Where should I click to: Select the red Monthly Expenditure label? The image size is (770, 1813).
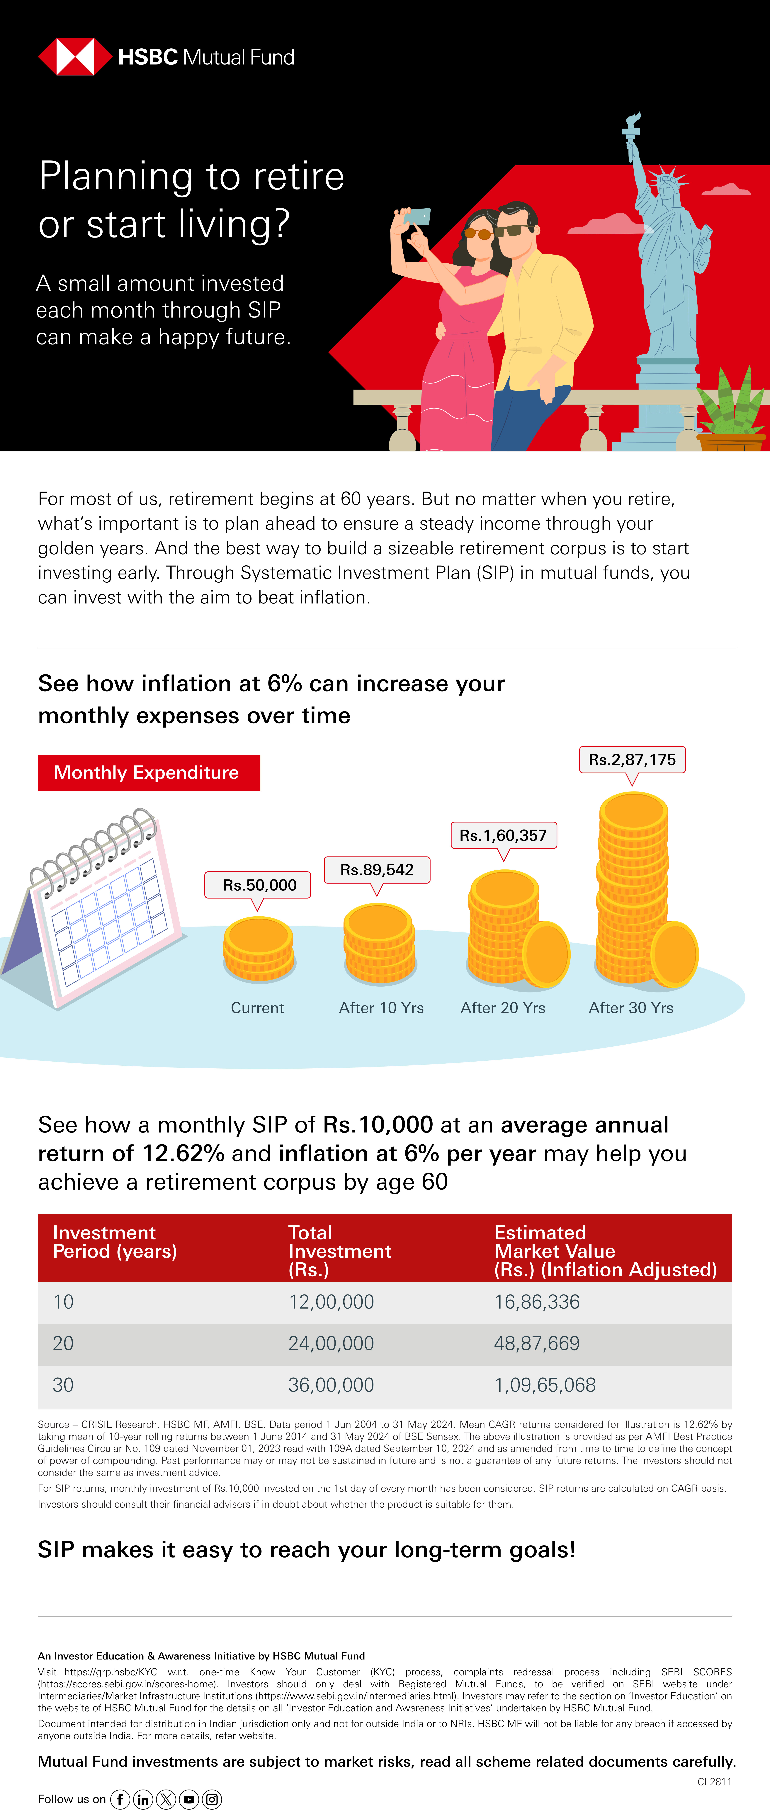(x=149, y=773)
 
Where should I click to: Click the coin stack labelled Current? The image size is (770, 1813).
(x=258, y=949)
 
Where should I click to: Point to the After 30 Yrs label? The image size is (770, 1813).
(x=631, y=1008)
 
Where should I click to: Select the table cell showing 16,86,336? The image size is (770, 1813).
(x=537, y=1302)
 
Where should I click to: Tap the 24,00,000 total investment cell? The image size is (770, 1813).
(x=331, y=1344)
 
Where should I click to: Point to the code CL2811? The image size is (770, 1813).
(x=714, y=1782)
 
